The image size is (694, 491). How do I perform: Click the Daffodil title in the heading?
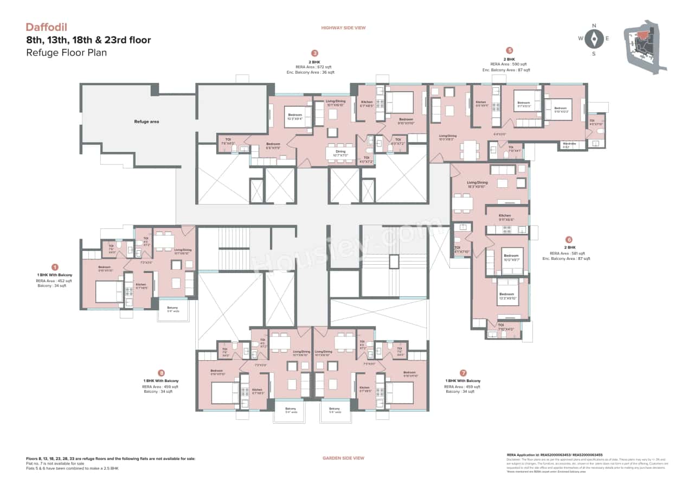[47, 27]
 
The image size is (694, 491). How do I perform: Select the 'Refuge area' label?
[146, 122]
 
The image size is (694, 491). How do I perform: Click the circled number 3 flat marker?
[314, 53]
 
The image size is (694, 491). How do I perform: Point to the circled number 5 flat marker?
[509, 50]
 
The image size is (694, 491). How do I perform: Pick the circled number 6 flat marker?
[568, 239]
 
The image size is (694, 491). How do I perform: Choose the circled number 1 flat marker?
[54, 267]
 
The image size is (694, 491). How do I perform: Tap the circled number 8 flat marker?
[161, 373]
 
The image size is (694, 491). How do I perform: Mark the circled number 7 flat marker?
[463, 373]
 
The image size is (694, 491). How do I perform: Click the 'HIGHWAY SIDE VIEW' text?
[343, 28]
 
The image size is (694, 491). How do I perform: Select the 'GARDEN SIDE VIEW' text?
[343, 458]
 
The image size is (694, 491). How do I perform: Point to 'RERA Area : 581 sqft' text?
[568, 253]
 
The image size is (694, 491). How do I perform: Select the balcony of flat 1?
[172, 310]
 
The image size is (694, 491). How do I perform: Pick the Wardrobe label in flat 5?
[569, 144]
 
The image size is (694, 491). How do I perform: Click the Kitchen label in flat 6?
[505, 216]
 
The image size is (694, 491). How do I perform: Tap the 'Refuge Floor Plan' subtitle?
[66, 53]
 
